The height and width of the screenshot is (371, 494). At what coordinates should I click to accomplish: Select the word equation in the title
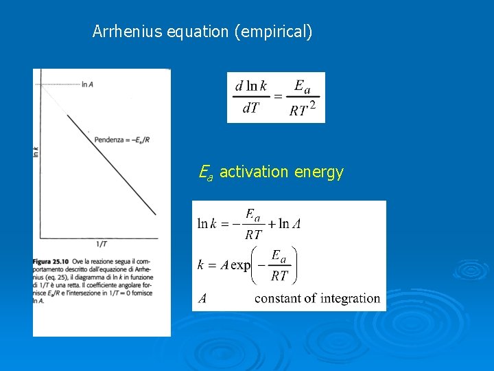198,32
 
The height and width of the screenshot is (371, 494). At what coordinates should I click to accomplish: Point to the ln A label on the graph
87,85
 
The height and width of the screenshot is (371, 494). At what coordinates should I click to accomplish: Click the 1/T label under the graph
100,244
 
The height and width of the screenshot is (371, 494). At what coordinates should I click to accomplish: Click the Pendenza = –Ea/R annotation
123,139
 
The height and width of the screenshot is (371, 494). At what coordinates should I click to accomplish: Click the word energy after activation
318,172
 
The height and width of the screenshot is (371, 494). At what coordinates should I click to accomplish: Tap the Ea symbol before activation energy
205,172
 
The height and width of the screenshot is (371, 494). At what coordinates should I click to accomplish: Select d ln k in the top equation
250,86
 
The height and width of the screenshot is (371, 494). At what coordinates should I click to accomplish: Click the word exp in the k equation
240,265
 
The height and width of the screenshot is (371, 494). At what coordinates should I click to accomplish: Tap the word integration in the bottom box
348,298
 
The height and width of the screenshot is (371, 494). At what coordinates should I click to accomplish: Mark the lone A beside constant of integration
202,298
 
